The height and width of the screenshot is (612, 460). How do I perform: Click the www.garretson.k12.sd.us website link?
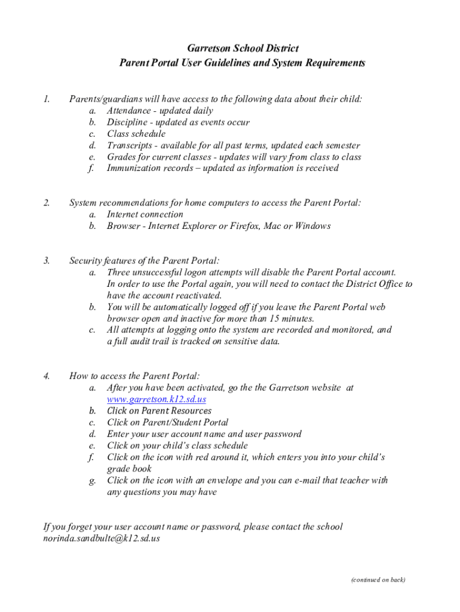coord(157,399)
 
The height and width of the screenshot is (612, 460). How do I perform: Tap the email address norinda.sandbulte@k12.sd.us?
coord(102,538)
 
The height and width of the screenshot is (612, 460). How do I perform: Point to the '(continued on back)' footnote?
coord(378,579)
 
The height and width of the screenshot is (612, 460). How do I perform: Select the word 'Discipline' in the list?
coord(127,123)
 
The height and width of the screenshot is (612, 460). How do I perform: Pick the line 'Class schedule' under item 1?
coord(136,134)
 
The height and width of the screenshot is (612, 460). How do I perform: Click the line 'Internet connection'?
coord(145,215)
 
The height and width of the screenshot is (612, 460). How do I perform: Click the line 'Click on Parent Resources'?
coord(159,411)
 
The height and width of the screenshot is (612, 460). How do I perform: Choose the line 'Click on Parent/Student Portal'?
coord(167,423)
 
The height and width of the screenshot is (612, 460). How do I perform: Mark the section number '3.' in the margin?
coord(47,261)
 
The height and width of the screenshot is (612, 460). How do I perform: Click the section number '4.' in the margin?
coord(47,377)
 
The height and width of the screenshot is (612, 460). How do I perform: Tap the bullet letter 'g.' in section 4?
coord(92,481)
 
